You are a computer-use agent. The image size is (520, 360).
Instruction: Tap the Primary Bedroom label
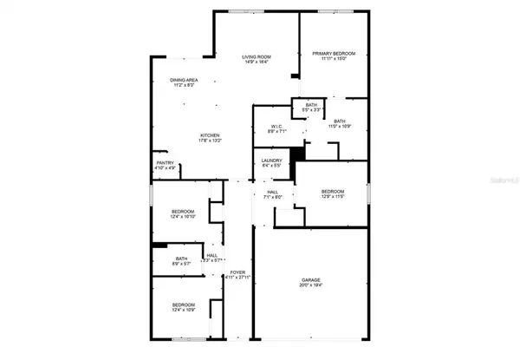[334, 53]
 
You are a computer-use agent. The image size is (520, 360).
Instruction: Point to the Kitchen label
[211, 135]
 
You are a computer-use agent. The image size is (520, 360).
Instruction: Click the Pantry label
[164, 162]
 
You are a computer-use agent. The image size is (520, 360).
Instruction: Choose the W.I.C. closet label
[277, 127]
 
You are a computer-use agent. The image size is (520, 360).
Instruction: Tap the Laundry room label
[271, 161]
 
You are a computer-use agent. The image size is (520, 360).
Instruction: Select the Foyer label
[237, 272]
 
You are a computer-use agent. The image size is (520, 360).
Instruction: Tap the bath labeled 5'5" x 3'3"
[310, 105]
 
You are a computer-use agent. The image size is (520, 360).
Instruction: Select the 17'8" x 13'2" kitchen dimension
[211, 141]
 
